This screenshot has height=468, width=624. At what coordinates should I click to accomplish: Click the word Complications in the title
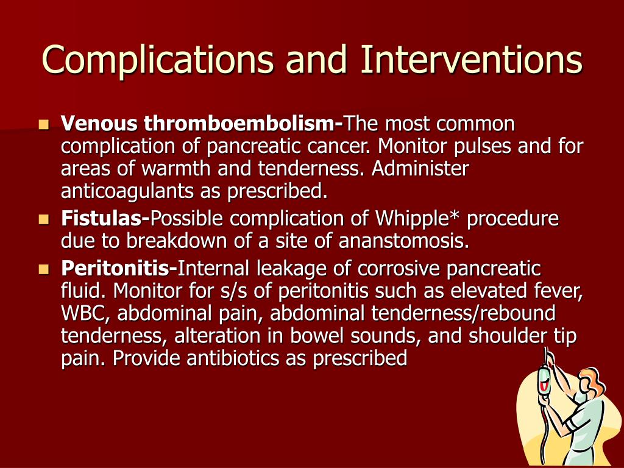[x=158, y=60]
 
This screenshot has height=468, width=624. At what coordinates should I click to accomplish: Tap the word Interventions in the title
[x=472, y=59]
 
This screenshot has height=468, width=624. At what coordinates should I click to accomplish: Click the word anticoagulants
[x=127, y=191]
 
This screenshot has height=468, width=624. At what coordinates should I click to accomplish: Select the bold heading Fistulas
[x=105, y=219]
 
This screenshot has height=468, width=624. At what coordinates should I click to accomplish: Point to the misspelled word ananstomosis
[x=403, y=241]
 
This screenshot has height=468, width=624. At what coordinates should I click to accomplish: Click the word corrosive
[x=399, y=269]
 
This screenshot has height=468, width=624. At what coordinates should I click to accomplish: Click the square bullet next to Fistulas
[x=44, y=219]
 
